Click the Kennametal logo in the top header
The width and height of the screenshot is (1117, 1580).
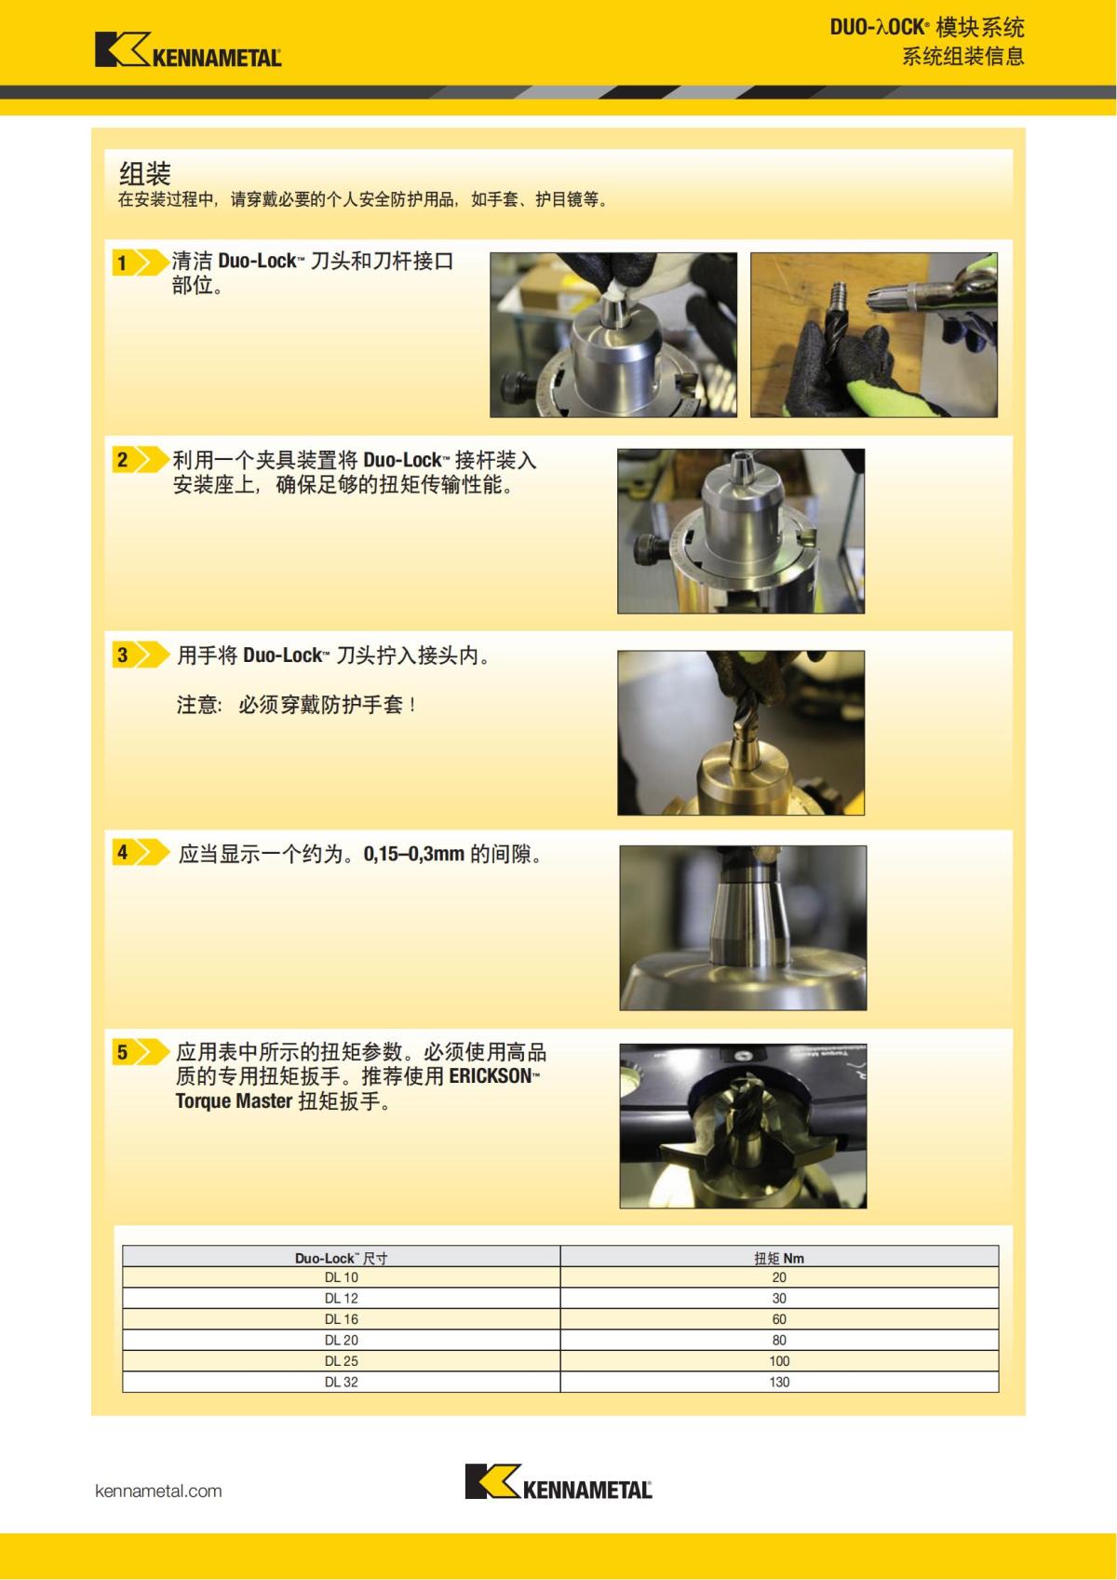tap(188, 50)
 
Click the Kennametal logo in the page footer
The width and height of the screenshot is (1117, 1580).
tap(558, 1481)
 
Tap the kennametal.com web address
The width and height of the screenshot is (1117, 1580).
tap(158, 1491)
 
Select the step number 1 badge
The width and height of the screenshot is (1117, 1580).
tap(122, 263)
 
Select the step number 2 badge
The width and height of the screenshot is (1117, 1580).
tap(122, 459)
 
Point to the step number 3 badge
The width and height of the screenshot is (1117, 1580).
tap(122, 655)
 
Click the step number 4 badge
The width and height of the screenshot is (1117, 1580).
tap(122, 852)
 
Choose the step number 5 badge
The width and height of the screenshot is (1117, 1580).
tap(122, 1052)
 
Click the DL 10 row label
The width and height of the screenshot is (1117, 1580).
tap(341, 1277)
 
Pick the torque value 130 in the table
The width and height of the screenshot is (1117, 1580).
tap(779, 1382)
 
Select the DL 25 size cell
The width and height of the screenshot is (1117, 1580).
tap(341, 1360)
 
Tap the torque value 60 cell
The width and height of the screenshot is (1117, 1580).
tap(779, 1319)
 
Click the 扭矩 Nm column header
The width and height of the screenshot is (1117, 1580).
tap(779, 1258)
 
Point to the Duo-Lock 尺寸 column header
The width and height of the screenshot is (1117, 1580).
tap(341, 1258)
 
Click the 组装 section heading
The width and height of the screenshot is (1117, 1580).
tap(145, 173)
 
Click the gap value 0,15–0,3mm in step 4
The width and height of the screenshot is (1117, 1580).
tap(413, 854)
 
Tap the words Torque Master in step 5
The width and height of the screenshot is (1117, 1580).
tap(234, 1101)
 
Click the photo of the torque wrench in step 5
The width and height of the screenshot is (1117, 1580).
tap(743, 1126)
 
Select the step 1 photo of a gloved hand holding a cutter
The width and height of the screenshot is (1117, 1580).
tap(873, 334)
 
